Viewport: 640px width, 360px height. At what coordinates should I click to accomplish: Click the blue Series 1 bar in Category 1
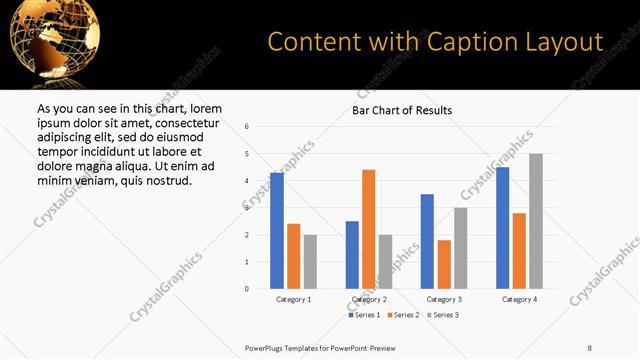(277, 231)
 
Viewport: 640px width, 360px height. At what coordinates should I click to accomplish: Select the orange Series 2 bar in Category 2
(368, 229)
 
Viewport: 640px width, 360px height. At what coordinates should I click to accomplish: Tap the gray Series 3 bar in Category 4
(536, 221)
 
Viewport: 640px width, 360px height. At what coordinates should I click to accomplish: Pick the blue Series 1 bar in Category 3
(427, 241)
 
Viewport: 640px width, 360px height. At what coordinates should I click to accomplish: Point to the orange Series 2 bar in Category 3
(444, 264)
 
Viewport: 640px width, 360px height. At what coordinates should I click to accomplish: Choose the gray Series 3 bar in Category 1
(310, 262)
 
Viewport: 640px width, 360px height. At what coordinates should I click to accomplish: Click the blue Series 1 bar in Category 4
(502, 228)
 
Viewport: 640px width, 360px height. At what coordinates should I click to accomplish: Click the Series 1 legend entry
(364, 315)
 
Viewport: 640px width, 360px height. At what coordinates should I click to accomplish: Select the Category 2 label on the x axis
(369, 299)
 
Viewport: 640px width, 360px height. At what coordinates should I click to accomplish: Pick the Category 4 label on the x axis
(519, 299)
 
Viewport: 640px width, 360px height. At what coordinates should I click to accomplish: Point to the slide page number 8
(590, 347)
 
